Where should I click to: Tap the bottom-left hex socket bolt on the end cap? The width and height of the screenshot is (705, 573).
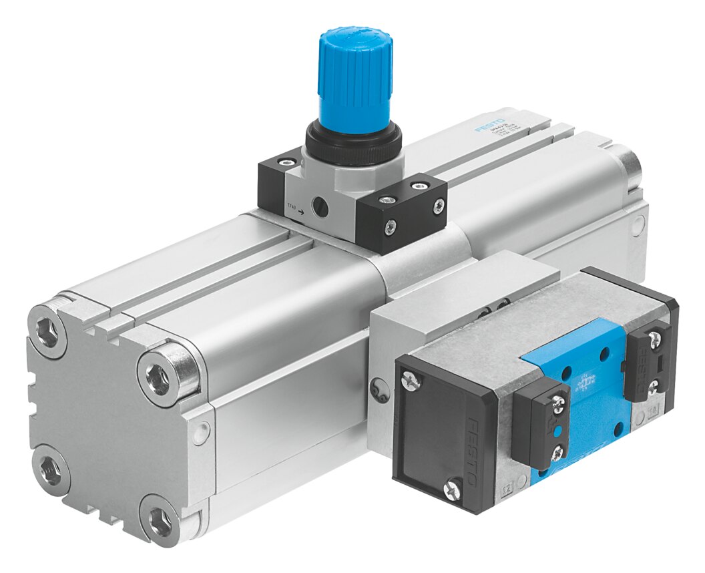point(51,468)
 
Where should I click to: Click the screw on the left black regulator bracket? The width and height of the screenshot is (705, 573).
point(286,162)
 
